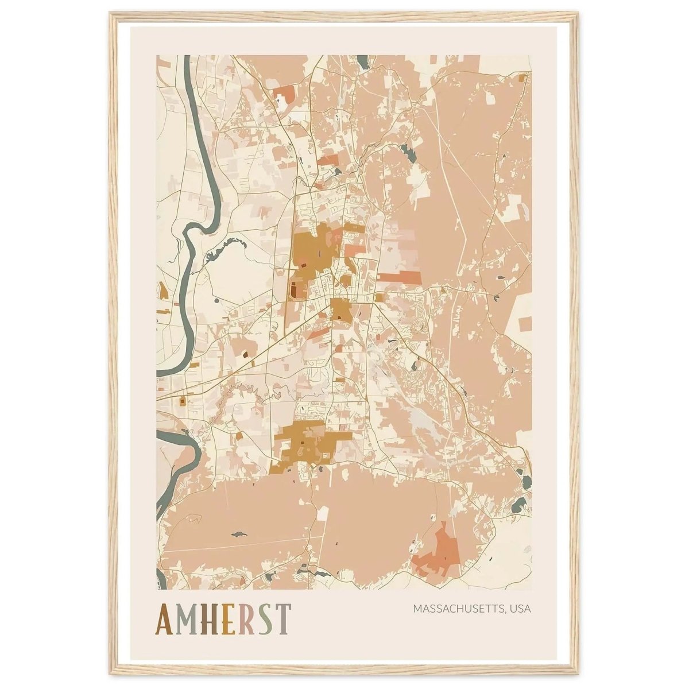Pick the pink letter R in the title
[247, 621]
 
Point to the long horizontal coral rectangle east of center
[399, 277]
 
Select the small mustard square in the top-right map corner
[522, 78]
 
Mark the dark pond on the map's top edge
[363, 60]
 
